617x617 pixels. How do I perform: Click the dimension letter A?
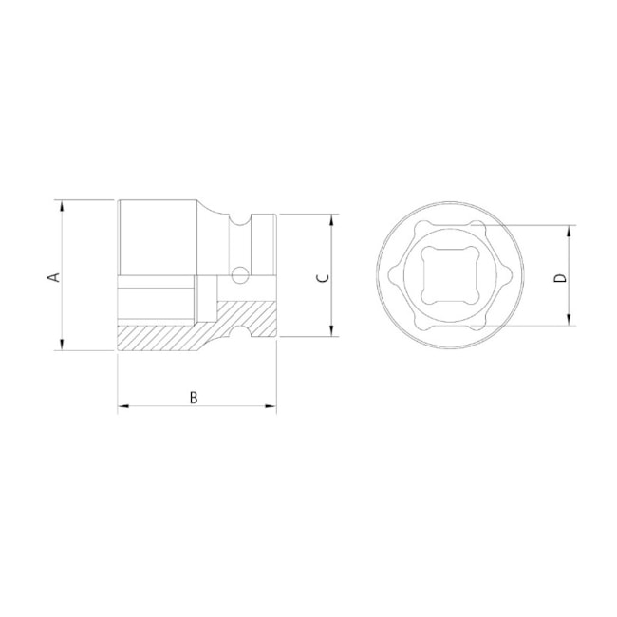(54, 276)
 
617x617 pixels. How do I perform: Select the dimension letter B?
(194, 397)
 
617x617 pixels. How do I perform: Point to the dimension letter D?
(560, 277)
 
